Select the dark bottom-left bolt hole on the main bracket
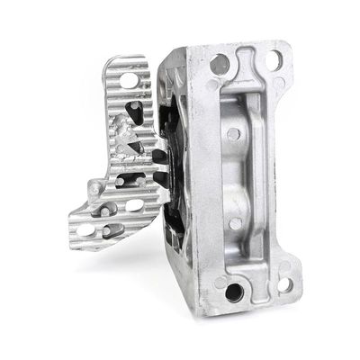click(x=235, y=291)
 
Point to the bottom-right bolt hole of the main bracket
click(x=285, y=284)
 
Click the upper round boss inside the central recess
click(x=233, y=134)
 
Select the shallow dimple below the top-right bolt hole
click(x=279, y=83)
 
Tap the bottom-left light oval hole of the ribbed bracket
click(x=86, y=229)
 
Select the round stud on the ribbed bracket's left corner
click(x=94, y=189)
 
